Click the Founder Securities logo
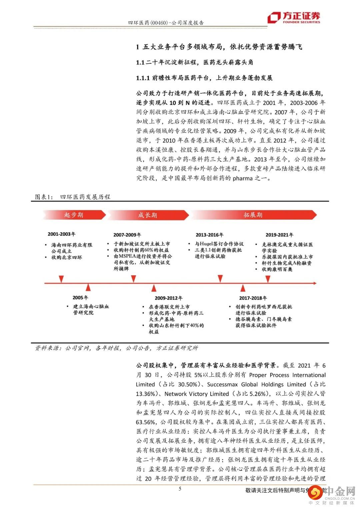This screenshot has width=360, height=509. [x=294, y=17]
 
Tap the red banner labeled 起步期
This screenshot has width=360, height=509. [x=74, y=215]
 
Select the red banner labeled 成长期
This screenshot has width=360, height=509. [x=147, y=215]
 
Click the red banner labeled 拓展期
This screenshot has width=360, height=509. [x=253, y=215]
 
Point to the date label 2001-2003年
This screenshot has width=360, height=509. [x=62, y=234]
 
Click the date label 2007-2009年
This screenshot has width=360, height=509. [x=127, y=235]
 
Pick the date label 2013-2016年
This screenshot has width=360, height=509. [x=210, y=235]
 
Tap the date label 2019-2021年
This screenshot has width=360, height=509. [x=279, y=235]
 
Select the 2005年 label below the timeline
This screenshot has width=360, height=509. [x=80, y=297]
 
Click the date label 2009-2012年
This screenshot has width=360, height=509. [x=168, y=298]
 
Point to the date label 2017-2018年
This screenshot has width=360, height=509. [x=253, y=298]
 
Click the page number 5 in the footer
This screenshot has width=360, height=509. [x=180, y=489]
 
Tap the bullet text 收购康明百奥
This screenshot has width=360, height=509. [x=277, y=269]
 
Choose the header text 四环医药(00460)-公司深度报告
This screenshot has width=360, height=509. [x=166, y=23]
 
